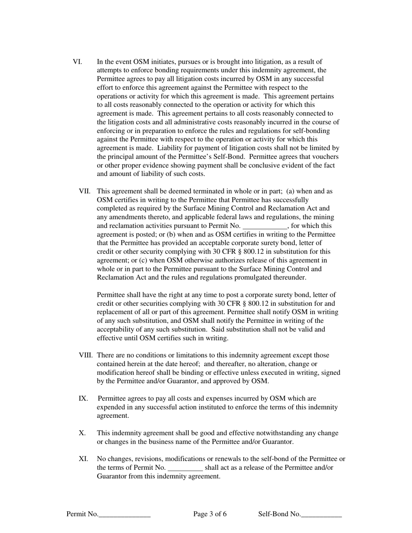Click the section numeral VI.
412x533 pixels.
[x=77, y=62]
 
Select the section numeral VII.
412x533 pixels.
[x=85, y=191]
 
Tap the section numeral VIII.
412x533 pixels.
[x=86, y=355]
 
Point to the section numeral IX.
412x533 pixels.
[x=83, y=398]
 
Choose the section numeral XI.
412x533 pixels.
[x=83, y=459]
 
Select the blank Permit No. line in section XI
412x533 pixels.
[x=185, y=468]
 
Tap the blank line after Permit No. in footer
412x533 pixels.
[x=124, y=515]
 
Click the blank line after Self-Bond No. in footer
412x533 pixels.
[x=321, y=515]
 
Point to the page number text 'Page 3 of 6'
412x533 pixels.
[x=210, y=514]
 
